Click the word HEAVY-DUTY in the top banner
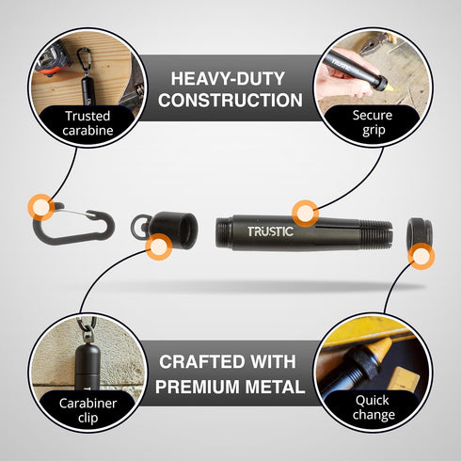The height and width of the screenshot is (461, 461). coord(228,79)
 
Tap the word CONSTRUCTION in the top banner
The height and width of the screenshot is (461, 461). coord(230,100)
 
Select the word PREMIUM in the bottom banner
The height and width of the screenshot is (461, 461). coord(199,387)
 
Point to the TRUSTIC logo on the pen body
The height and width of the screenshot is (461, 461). coord(270,231)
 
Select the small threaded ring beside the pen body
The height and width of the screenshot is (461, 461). coord(420,232)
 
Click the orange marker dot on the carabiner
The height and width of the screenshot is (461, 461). coord(41,207)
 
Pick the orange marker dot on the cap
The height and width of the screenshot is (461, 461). coord(159,246)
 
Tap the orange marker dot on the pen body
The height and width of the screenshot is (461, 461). coord(305,214)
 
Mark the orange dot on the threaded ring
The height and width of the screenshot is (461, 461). coord(421,256)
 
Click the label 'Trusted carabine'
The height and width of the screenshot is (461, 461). coord(87,123)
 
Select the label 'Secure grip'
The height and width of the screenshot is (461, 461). coord(373,122)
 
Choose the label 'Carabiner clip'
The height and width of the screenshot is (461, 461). coord(87,410)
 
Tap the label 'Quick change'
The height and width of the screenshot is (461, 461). coord(374,407)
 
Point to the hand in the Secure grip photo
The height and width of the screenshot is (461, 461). coord(345,75)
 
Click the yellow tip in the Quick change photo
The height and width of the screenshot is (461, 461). coord(381,352)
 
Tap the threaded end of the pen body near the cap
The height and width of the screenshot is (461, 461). coord(223,232)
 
